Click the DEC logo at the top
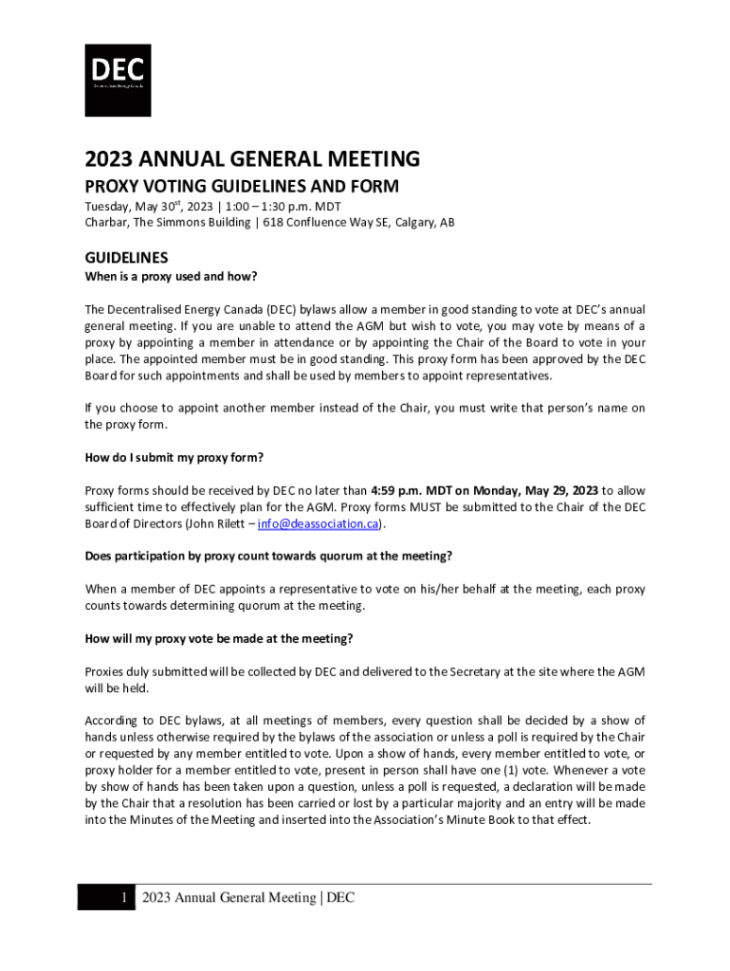coord(118,81)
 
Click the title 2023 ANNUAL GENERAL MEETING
coord(252,158)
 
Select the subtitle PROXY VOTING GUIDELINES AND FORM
coord(242,186)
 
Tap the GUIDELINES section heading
coord(126,258)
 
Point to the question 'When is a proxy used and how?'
coord(171,277)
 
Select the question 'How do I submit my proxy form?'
coord(173,457)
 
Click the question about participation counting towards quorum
coord(268,556)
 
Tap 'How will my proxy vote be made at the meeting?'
coord(219,638)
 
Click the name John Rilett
coord(216,523)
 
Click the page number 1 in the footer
coord(123,898)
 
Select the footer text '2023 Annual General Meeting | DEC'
coord(247,898)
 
